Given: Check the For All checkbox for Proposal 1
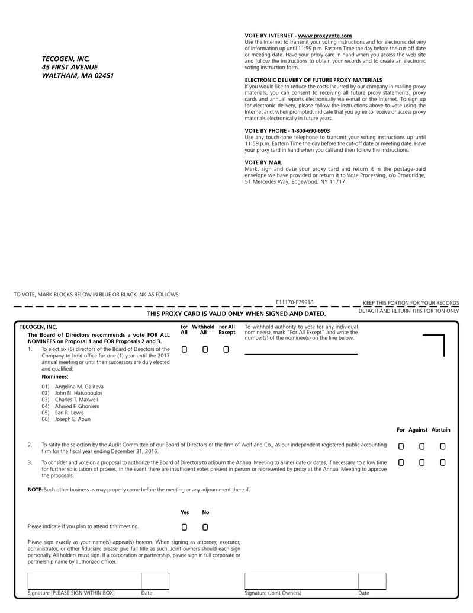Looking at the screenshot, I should (x=185, y=350).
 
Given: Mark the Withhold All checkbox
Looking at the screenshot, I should (x=205, y=350).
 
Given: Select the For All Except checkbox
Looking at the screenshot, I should (x=226, y=350).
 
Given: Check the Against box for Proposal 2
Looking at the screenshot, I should (x=421, y=446).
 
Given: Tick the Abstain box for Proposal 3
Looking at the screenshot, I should (x=442, y=462).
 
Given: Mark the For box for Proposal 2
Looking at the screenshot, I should (x=401, y=446).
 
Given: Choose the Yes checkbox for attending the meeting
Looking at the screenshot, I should (x=185, y=527).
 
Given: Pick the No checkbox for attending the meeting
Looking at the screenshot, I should (x=205, y=527).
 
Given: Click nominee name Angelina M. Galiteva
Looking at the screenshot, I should (x=79, y=386).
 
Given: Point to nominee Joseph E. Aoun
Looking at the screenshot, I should (x=73, y=419).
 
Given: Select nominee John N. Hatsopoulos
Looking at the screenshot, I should (x=79, y=392).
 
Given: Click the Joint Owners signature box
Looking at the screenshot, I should (x=301, y=581).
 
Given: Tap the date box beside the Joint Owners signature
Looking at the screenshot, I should (x=372, y=581).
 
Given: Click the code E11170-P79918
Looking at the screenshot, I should (x=294, y=302).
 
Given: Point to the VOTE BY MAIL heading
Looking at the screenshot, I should (x=263, y=162).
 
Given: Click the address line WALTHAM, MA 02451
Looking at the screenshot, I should (x=78, y=76).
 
